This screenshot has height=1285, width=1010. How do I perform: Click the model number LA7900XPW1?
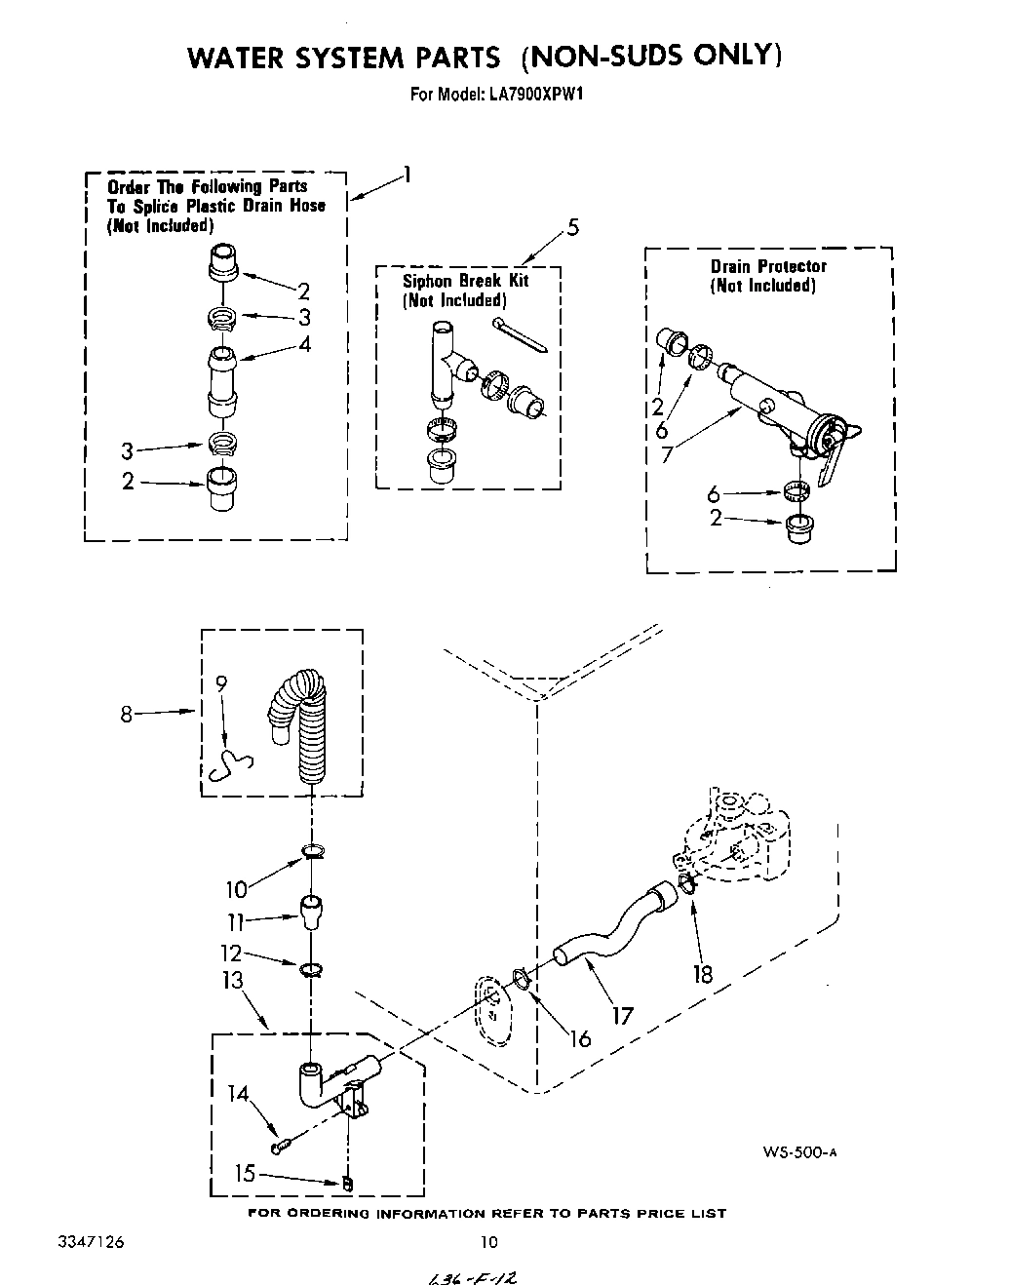(x=531, y=95)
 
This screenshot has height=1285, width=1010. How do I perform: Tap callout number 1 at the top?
(x=407, y=175)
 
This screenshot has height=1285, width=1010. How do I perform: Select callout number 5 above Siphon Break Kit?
(x=572, y=228)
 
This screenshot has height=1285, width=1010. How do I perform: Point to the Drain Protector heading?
(x=768, y=266)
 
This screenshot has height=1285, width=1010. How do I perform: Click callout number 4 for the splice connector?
(x=305, y=344)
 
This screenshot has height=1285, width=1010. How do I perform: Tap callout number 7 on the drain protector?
(x=666, y=454)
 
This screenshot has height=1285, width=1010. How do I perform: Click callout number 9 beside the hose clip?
(x=221, y=685)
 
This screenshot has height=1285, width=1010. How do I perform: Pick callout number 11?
(x=235, y=921)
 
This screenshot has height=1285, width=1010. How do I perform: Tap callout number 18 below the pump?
(x=703, y=973)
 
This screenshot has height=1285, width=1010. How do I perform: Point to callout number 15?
(x=245, y=1174)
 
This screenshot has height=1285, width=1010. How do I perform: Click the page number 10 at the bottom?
(x=489, y=1242)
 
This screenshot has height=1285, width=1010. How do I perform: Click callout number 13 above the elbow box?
(x=233, y=980)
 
